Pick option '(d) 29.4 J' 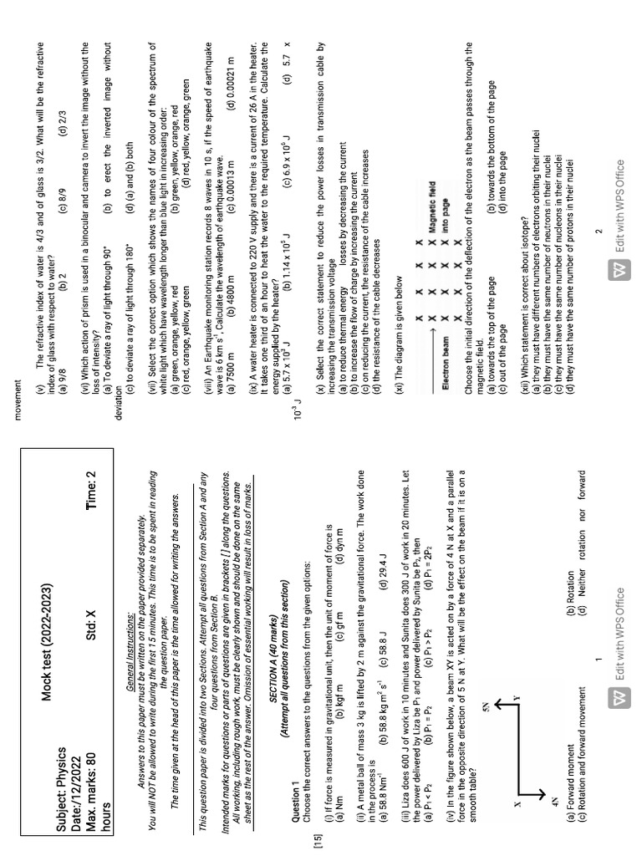click(384, 565)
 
